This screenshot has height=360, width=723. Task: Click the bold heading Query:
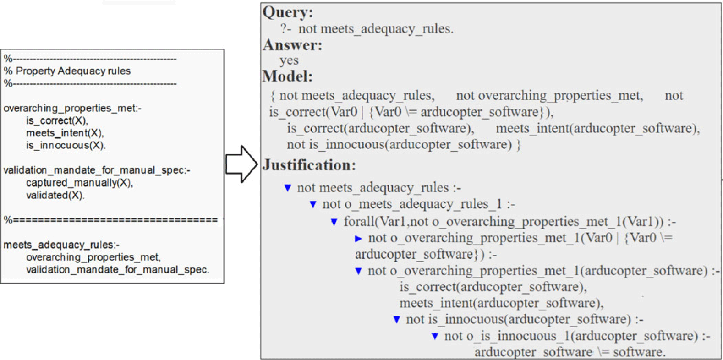coord(287,12)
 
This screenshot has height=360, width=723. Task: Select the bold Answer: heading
coord(292,45)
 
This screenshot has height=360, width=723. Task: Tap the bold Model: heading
coord(287,76)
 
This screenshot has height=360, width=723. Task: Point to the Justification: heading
coord(309,165)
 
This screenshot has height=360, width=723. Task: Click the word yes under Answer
coord(289,60)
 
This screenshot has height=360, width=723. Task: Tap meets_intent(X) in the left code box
coord(65,133)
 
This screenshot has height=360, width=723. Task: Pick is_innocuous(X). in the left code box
coord(66,145)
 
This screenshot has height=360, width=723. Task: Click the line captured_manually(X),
coord(79,183)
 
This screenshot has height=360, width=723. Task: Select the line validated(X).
coord(55,195)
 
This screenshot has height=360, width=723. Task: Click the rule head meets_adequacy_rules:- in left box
coord(61,245)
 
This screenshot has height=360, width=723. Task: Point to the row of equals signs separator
coord(110,220)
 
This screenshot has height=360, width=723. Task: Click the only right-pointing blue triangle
coord(358,239)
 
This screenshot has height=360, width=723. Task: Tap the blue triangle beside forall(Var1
coord(334,222)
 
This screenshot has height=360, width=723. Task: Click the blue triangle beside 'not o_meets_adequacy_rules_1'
coord(313,204)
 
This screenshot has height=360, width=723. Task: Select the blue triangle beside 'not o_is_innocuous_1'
coord(435,337)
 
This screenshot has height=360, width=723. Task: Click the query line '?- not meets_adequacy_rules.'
coord(367,29)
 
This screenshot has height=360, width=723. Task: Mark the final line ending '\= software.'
coord(570,352)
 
